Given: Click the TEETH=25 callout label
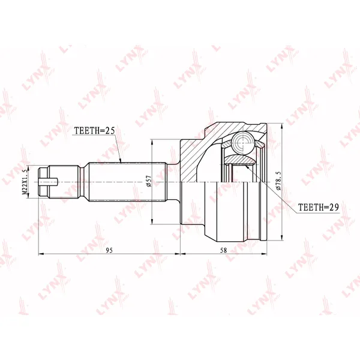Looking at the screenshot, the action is click(x=94, y=130).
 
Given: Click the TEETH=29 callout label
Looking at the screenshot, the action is click(x=318, y=208).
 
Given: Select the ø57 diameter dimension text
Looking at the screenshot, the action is click(x=148, y=181).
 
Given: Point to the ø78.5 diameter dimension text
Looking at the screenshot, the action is click(x=278, y=181).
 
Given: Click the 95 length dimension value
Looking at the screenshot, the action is click(x=110, y=250).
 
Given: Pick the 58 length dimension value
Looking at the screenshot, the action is click(x=223, y=250).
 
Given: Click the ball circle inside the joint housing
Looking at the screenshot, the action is click(x=242, y=143).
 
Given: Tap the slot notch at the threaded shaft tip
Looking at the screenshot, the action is click(x=48, y=182).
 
